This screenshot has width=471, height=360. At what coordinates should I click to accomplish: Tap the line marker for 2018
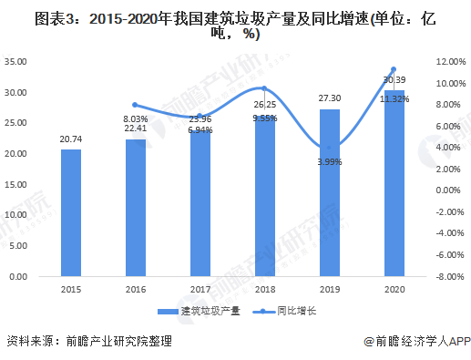tap(263, 88)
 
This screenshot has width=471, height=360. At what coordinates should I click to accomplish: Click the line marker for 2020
tap(393, 69)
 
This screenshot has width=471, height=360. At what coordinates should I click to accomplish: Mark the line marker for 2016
tap(135, 105)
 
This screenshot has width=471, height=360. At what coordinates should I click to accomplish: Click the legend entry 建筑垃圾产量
tap(206, 310)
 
